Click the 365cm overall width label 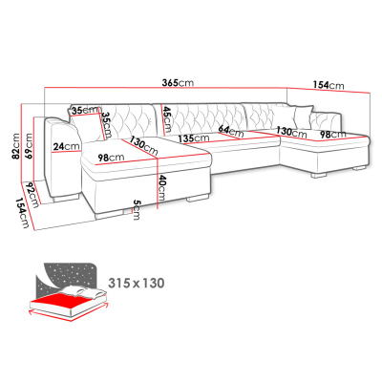coord(178,83)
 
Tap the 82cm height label coord(15,147)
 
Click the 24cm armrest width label coord(66,147)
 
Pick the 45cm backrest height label coord(167,119)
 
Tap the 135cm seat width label coord(194,138)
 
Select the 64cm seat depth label coord(231,131)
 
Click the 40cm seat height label coord(161,188)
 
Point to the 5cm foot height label coord(137,209)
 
